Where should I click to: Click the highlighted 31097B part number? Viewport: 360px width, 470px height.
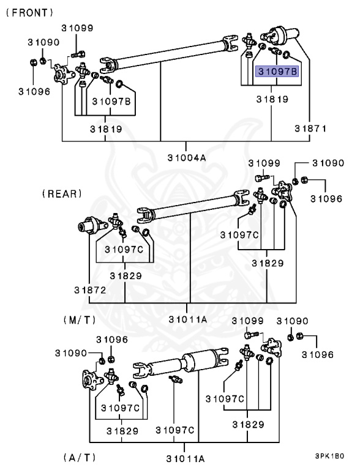click(x=277, y=72)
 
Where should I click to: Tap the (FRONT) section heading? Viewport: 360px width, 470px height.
click(x=30, y=13)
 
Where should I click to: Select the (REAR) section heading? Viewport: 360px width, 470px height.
click(x=62, y=193)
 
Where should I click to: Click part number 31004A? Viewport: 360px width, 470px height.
click(x=187, y=157)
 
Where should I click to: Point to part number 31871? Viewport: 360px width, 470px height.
click(x=310, y=129)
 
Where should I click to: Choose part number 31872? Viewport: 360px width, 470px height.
click(x=90, y=290)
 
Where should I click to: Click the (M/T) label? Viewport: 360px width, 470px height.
click(x=80, y=320)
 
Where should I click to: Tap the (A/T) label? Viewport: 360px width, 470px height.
click(x=80, y=458)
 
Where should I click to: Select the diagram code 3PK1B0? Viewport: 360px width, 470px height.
click(x=329, y=456)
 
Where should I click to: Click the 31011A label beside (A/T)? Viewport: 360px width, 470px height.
click(x=186, y=458)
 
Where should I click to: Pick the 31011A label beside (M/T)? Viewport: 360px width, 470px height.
click(x=188, y=319)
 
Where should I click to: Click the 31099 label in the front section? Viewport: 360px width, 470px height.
click(x=77, y=28)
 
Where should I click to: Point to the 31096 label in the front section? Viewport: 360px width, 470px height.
click(x=34, y=92)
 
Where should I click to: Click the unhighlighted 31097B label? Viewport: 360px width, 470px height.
click(x=111, y=102)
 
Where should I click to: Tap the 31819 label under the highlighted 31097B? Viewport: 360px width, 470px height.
click(x=272, y=99)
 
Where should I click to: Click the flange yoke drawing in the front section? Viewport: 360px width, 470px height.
click(x=64, y=73)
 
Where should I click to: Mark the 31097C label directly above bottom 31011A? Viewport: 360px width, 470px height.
click(x=175, y=430)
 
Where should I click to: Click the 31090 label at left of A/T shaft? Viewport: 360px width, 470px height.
click(x=71, y=353)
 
